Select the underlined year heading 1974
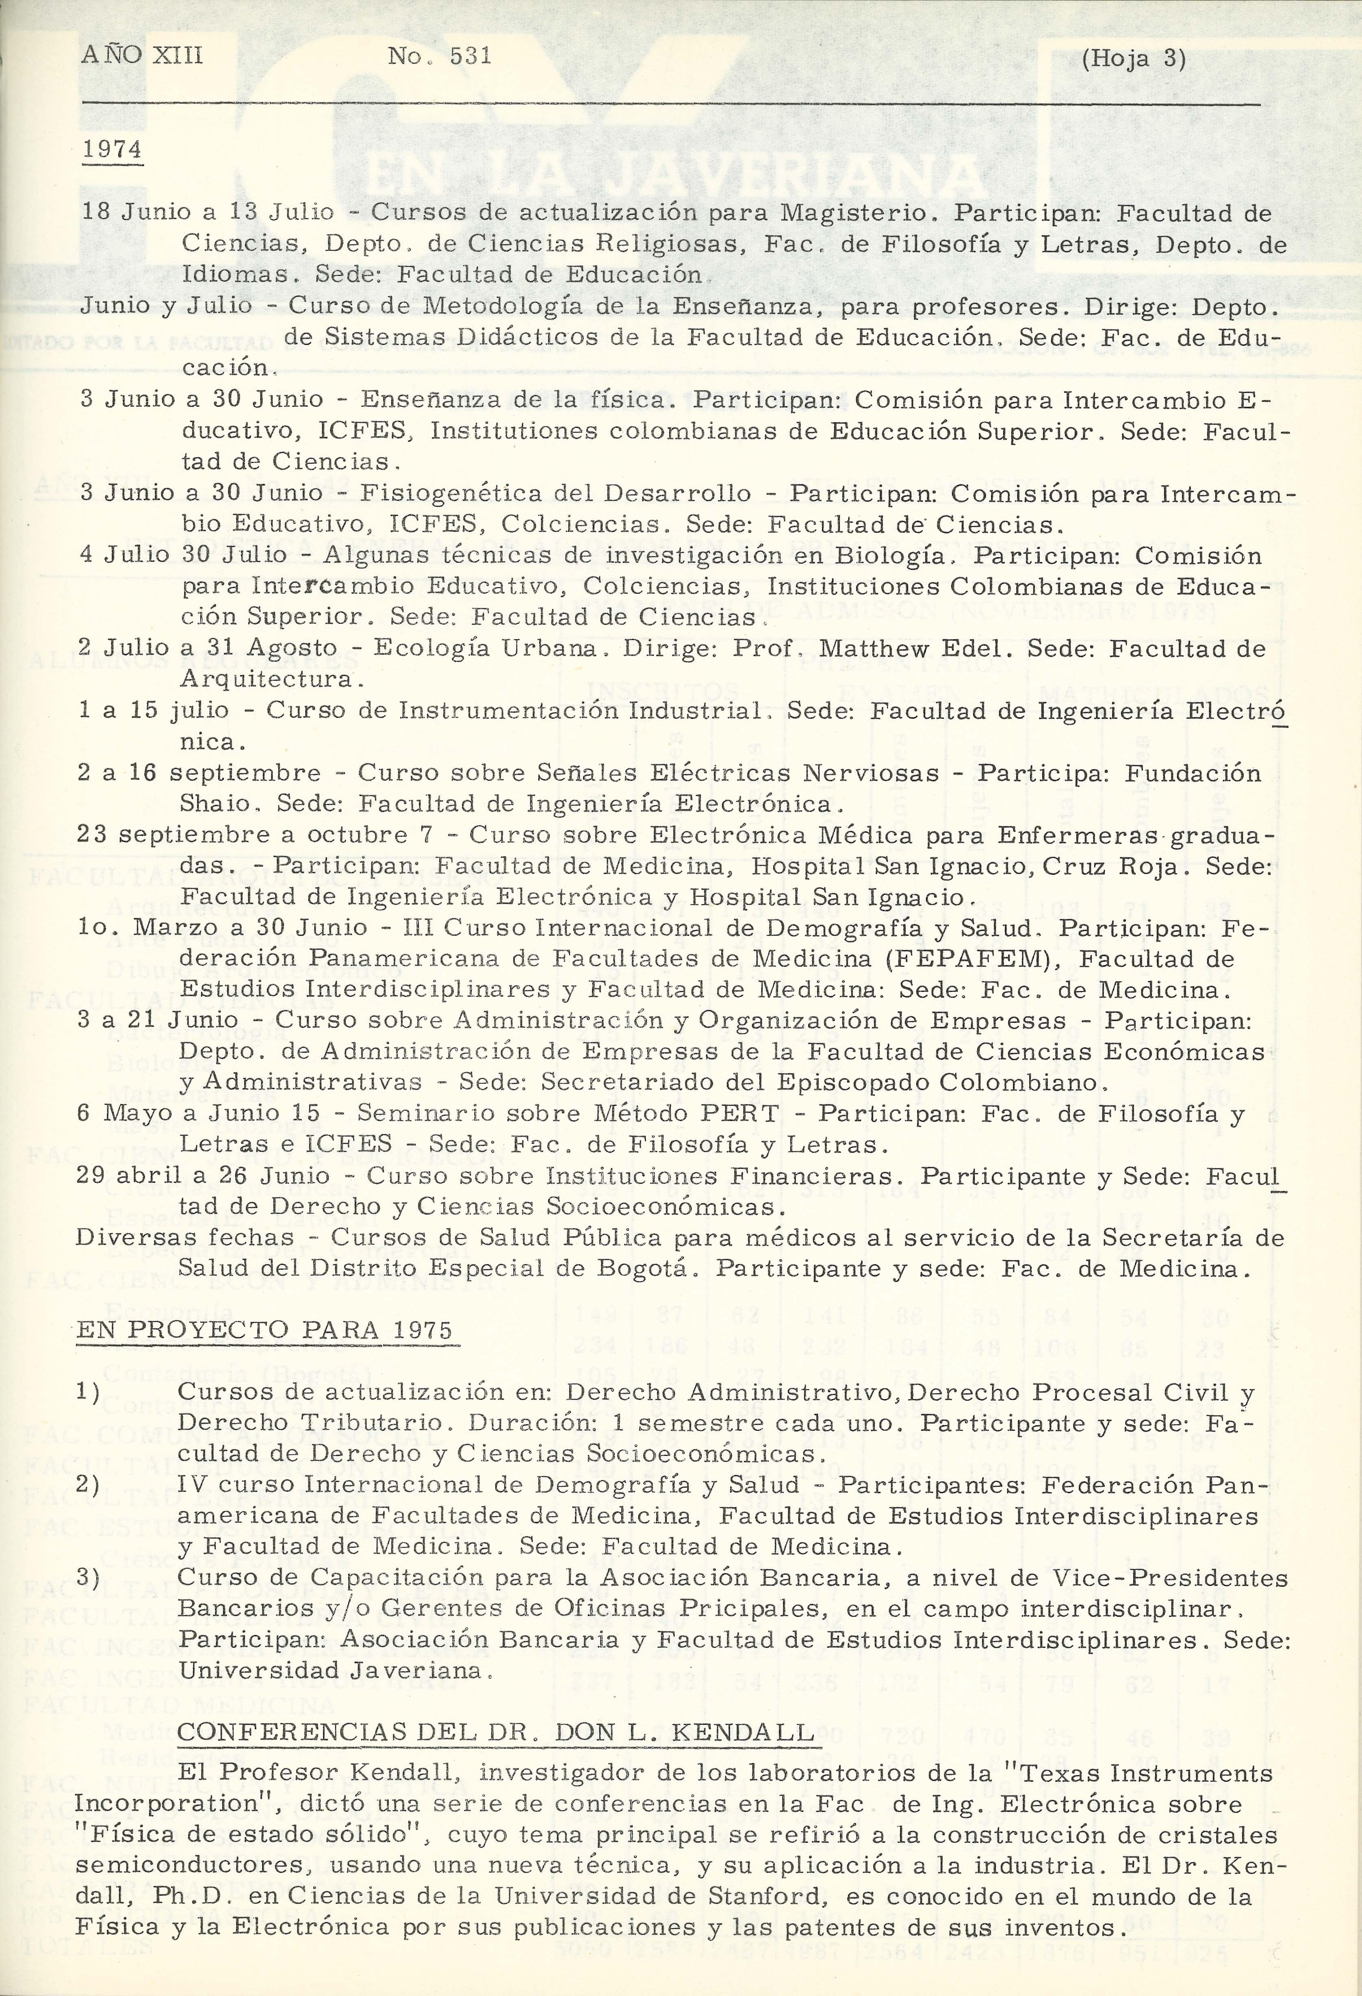point(112,149)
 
